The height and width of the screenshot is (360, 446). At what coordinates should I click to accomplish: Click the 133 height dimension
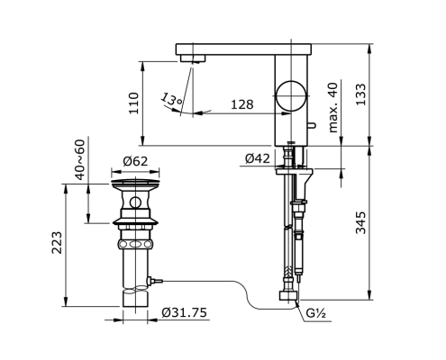(360, 94)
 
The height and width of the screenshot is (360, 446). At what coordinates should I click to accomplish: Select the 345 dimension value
(360, 222)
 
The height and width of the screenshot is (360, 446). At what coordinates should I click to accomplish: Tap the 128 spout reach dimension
(242, 104)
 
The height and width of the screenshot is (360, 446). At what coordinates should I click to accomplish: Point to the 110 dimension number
(134, 103)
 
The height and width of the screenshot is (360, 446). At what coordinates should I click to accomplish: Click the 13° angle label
(171, 99)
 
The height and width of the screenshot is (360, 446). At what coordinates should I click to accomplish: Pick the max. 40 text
(333, 107)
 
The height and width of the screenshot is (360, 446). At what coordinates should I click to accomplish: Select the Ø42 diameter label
(258, 158)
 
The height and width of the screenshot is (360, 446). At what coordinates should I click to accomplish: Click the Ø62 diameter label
(135, 161)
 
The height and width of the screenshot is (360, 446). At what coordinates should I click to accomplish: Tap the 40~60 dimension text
(80, 160)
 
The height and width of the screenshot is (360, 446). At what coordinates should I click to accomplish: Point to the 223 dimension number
(57, 243)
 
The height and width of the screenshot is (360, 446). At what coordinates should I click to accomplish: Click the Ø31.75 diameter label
(185, 312)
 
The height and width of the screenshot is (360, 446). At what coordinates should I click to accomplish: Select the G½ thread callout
(316, 313)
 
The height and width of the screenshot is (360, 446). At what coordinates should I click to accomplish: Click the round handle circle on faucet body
(292, 95)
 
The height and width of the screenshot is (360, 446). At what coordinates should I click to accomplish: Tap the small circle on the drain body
(135, 203)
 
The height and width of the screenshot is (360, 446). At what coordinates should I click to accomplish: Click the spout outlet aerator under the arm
(193, 58)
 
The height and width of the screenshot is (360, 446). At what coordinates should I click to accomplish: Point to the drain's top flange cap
(135, 183)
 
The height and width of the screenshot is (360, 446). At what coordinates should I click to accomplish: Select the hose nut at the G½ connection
(288, 295)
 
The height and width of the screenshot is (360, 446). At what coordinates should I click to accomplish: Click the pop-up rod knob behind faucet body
(311, 124)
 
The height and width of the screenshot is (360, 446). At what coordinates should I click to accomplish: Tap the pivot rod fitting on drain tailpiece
(154, 281)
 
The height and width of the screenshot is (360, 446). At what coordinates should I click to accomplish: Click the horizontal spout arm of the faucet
(243, 49)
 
